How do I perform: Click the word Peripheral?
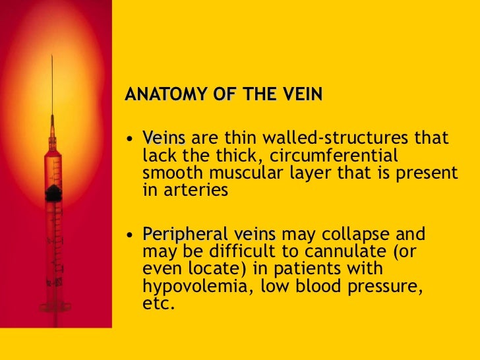pos(187,234)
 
